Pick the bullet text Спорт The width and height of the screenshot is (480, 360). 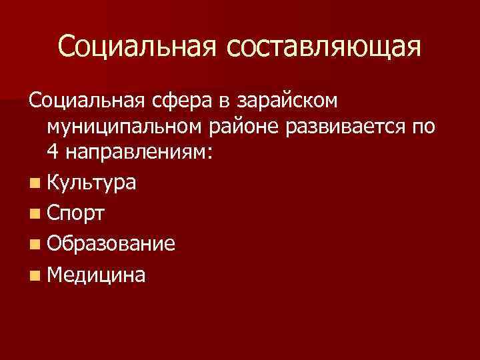click(x=76, y=213)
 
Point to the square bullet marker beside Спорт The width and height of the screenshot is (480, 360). click(x=34, y=214)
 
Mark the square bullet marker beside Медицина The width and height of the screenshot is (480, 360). click(x=34, y=275)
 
